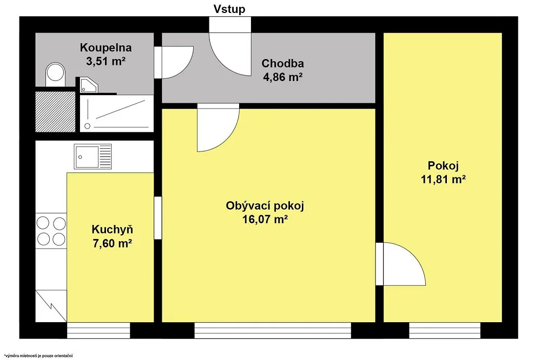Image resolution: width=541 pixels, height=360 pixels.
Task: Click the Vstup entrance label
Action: click(229, 9)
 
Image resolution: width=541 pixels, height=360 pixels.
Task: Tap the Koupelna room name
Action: click(106, 48)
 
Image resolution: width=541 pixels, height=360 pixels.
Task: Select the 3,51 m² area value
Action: click(105, 62)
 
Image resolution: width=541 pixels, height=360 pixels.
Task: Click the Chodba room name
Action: click(282, 63)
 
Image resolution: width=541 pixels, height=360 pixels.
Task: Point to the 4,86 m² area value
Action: click(283, 77)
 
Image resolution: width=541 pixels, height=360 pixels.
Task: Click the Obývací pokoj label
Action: click(265, 206)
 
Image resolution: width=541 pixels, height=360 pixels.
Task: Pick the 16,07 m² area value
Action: click(265, 219)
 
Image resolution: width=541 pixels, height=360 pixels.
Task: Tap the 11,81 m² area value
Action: click(444, 179)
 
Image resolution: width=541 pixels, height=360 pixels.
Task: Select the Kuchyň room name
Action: click(112, 229)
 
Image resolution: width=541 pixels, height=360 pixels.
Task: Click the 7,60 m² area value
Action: click(112, 243)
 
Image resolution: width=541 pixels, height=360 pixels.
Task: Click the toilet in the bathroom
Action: click(55, 75)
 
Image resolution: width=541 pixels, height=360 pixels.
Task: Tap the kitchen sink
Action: click(93, 157)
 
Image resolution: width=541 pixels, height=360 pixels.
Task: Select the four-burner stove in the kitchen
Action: click(51, 231)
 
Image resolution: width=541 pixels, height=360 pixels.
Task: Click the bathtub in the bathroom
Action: click(117, 114)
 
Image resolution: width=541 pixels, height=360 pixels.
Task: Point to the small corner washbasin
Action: click(89, 85)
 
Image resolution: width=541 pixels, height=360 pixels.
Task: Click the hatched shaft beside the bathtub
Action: click(56, 111)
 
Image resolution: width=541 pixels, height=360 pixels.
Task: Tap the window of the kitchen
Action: click(98, 330)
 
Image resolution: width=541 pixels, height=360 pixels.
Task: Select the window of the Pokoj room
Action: click(445, 330)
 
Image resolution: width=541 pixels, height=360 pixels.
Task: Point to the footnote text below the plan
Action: click(38, 356)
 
